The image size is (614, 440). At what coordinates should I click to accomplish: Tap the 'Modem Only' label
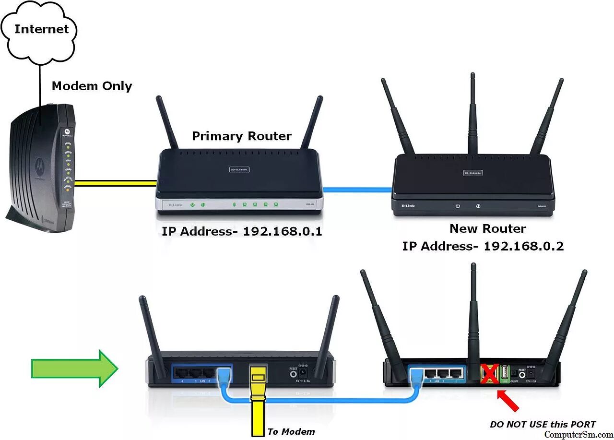pyautogui.click(x=92, y=86)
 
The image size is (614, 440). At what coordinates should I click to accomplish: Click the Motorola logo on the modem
pyautogui.click(x=37, y=166)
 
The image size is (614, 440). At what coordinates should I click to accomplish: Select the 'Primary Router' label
pyautogui.click(x=241, y=136)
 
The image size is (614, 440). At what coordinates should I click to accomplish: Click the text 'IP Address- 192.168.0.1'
pyautogui.click(x=241, y=231)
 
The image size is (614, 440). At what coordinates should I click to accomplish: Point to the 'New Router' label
pyautogui.click(x=487, y=228)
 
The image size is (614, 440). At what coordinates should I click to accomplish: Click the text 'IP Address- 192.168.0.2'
pyautogui.click(x=483, y=246)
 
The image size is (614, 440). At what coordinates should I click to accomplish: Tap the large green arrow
pyautogui.click(x=74, y=369)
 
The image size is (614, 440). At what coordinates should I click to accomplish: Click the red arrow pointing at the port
pyautogui.click(x=509, y=401)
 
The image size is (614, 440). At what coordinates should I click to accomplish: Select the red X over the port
pyautogui.click(x=489, y=374)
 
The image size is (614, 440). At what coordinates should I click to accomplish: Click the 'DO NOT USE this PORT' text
pyautogui.click(x=543, y=425)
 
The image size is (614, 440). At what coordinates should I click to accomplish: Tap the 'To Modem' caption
pyautogui.click(x=291, y=431)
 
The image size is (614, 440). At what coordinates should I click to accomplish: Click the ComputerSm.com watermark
pyautogui.click(x=579, y=434)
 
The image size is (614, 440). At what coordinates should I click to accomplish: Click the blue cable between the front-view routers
pyautogui.click(x=357, y=190)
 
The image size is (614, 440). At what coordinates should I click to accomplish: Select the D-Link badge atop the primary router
pyautogui.click(x=238, y=170)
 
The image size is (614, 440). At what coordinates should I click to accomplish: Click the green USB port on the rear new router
pyautogui.click(x=505, y=373)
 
